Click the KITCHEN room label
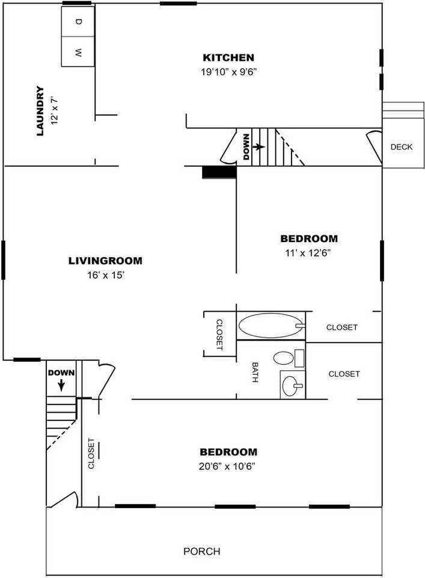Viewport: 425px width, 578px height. [228, 58]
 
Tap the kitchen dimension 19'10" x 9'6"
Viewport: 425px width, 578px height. [228, 72]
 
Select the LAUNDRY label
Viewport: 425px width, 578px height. [40, 111]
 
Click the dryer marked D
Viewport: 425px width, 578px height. [78, 21]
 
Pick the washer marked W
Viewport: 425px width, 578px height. [78, 52]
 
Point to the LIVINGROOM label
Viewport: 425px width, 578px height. [105, 261]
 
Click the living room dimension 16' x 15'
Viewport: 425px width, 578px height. [106, 275]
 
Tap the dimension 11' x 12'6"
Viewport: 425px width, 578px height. [308, 253]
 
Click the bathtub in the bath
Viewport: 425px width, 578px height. [272, 326]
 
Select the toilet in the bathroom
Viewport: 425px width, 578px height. [289, 358]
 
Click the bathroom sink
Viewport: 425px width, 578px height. [293, 385]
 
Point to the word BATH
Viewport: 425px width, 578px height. [255, 372]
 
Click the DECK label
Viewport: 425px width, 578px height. [402, 147]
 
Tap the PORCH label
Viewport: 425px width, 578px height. [201, 552]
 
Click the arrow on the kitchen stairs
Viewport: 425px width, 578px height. [258, 147]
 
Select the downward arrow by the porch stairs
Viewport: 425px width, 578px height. [61, 385]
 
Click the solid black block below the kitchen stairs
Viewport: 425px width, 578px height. [219, 173]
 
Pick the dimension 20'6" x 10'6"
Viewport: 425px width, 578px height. [227, 466]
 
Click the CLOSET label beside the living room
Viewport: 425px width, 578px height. [219, 334]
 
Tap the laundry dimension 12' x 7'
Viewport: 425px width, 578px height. [55, 111]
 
